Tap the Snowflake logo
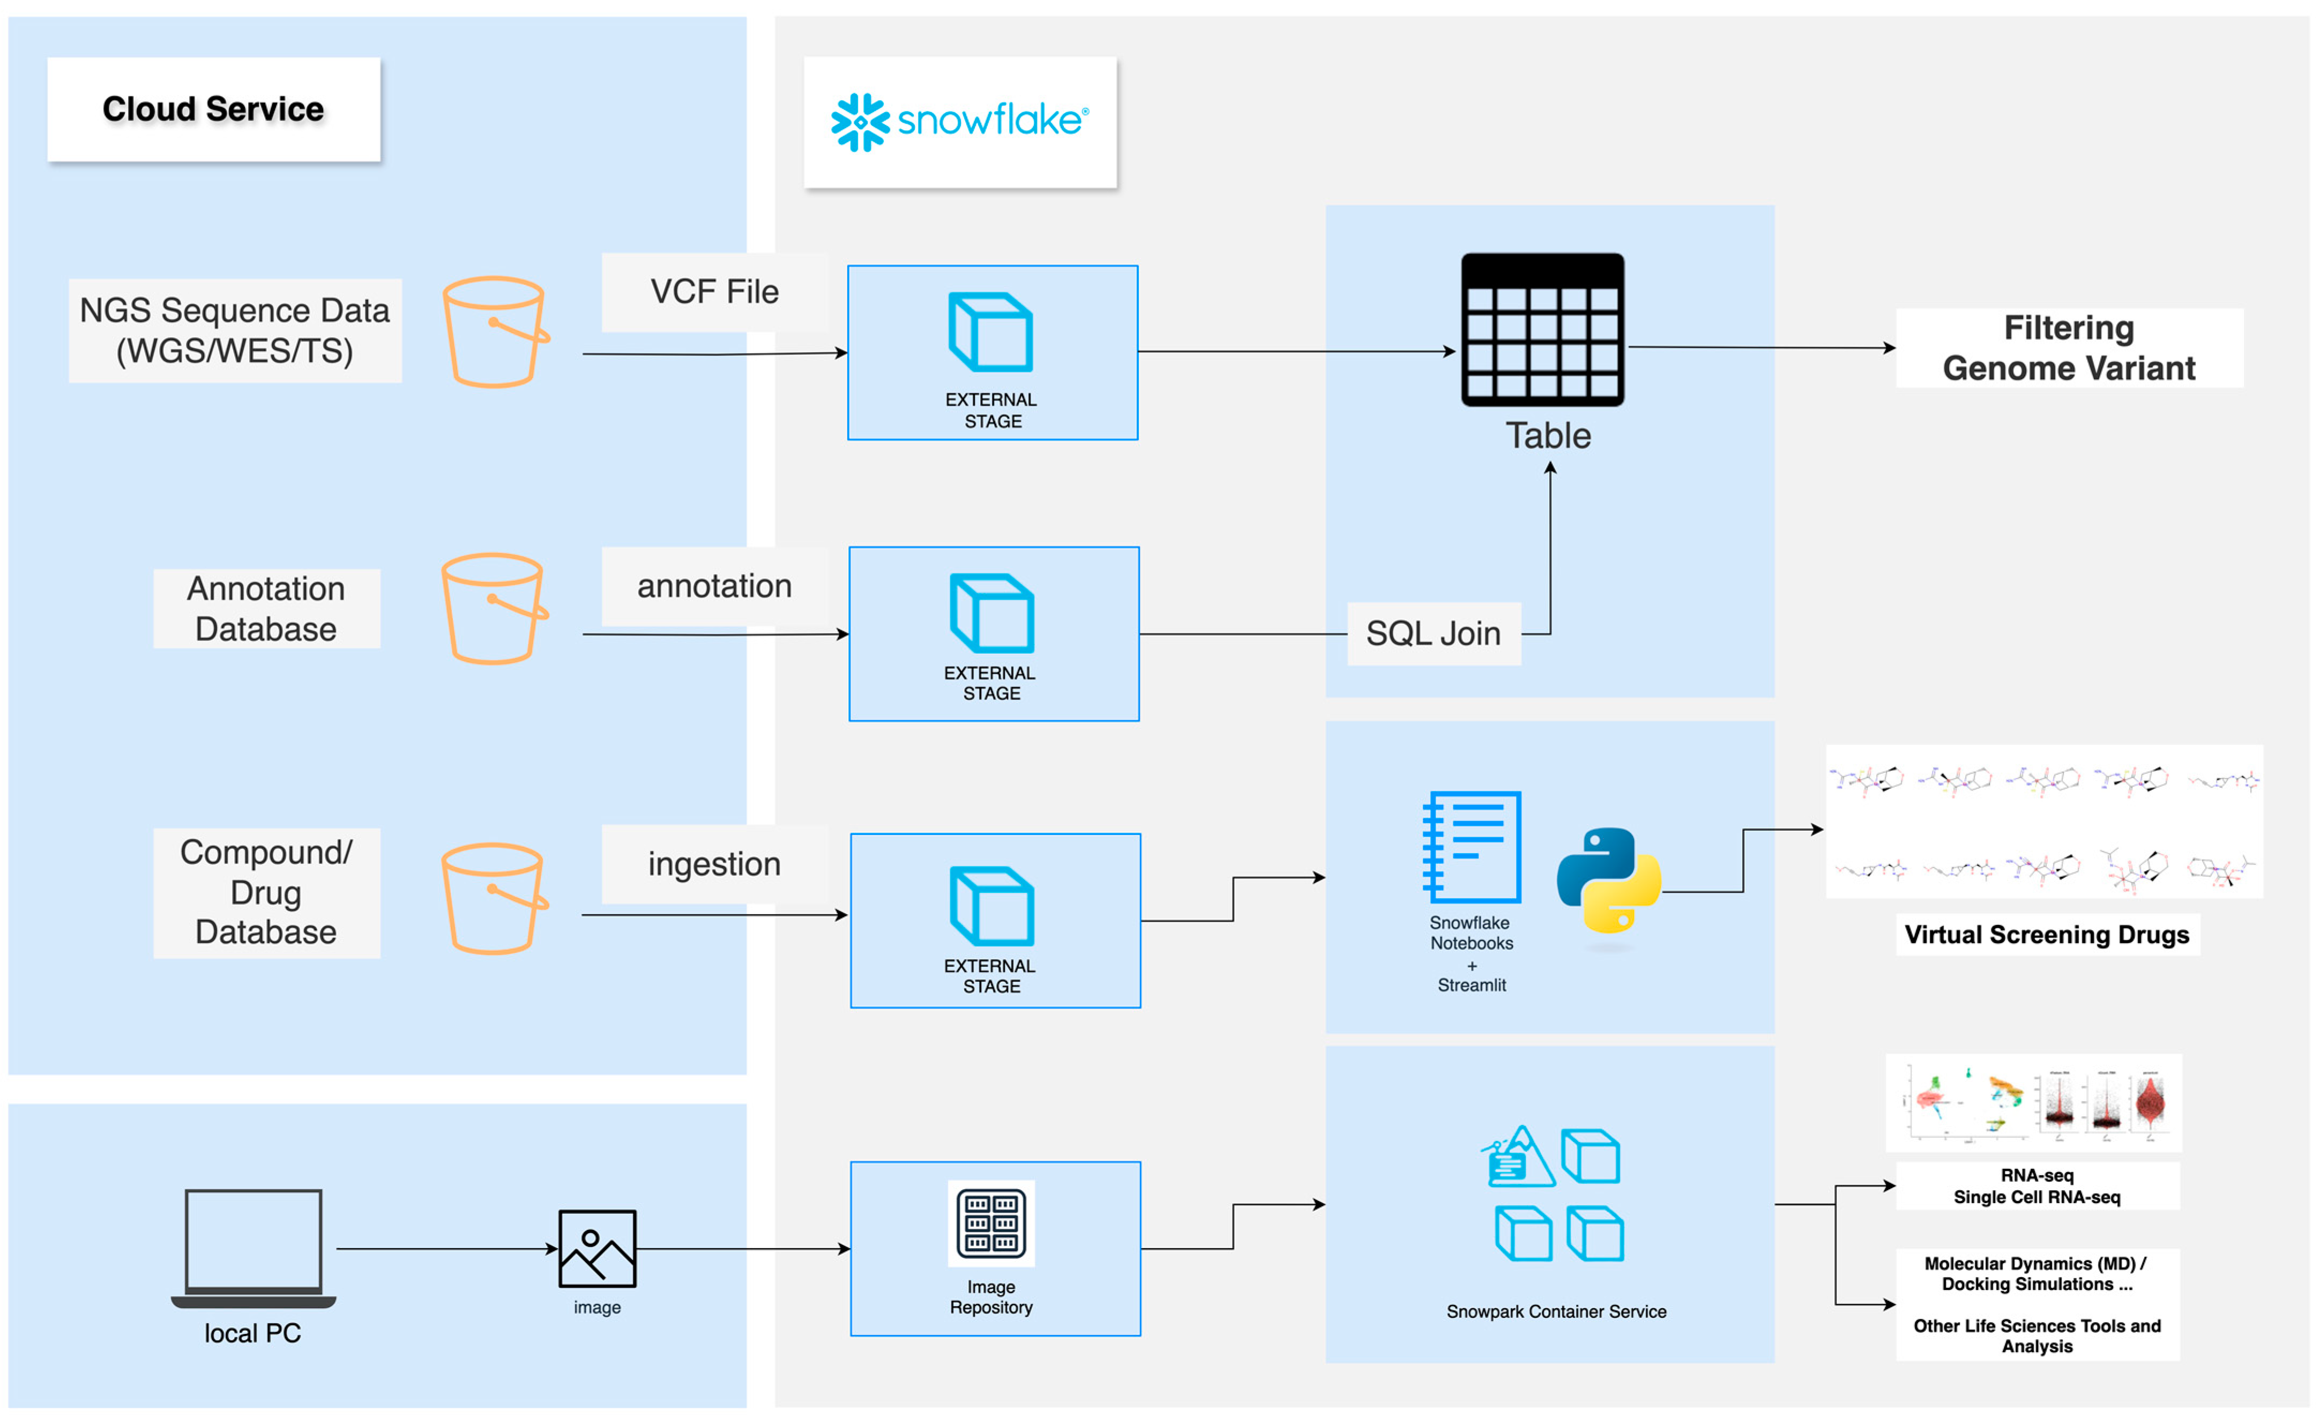959,122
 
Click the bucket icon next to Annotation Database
494,609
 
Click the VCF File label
714,292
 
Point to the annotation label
714,586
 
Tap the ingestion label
714,864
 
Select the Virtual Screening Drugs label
2046,935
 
